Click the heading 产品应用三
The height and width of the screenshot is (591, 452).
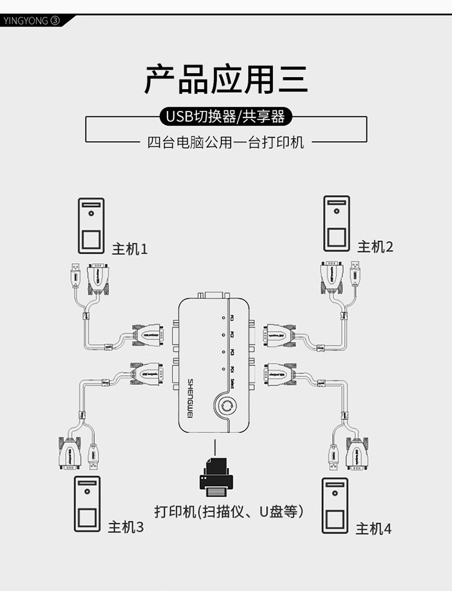tap(226, 80)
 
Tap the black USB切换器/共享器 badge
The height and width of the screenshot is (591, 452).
tap(226, 116)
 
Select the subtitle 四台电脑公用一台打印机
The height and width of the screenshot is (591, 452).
tap(226, 143)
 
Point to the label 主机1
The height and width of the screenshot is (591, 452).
tap(130, 248)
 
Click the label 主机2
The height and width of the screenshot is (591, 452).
tap(375, 246)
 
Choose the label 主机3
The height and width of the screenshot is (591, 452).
tap(126, 527)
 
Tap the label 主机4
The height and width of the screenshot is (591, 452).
tap(373, 529)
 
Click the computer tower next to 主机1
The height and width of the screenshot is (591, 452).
tap(91, 226)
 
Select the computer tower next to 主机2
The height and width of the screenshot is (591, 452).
tap(337, 223)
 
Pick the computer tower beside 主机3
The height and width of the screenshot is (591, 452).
tap(87, 504)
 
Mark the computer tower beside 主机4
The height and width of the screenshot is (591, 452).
tap(334, 505)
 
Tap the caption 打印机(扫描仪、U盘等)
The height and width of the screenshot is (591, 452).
tap(228, 512)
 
